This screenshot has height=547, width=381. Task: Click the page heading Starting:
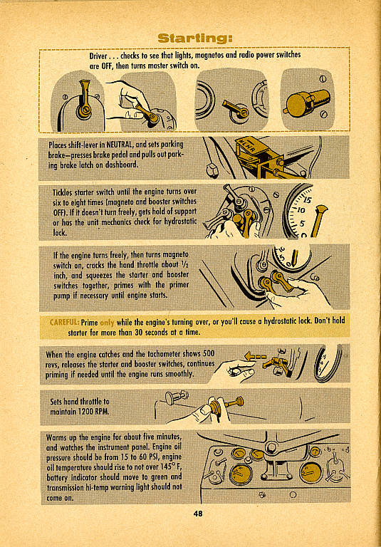point(194,38)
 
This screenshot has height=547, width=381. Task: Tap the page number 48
point(198,513)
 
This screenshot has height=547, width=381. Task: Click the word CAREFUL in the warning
point(65,321)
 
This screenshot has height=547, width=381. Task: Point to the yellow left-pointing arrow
point(255,357)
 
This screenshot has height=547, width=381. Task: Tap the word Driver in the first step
point(98,56)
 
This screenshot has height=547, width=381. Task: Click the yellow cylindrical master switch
point(306,103)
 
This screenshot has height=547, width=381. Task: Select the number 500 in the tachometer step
point(208,354)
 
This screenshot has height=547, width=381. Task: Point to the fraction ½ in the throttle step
point(185,264)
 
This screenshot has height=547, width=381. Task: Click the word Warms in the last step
point(56,437)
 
